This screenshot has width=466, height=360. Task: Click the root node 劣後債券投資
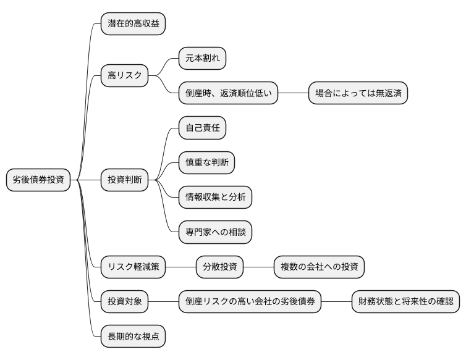[x=38, y=180]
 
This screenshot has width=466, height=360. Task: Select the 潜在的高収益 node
[x=133, y=24]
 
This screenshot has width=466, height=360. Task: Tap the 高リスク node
[x=124, y=77]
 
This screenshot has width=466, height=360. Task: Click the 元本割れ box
[x=202, y=59]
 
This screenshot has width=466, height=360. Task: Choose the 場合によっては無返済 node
[x=358, y=94]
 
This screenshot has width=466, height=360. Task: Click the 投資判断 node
[x=124, y=180]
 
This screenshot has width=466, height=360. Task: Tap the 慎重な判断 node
[x=206, y=162]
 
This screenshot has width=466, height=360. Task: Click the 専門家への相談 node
[x=215, y=232]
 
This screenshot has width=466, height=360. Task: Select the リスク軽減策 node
[x=133, y=267]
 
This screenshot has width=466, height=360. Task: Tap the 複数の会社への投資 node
[x=319, y=267]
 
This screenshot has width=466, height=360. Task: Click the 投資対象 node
[x=124, y=302]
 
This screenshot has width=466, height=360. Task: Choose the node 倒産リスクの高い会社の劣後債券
[x=250, y=302]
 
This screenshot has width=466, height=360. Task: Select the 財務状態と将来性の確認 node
[x=405, y=302]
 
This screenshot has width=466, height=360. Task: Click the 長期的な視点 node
[x=133, y=337]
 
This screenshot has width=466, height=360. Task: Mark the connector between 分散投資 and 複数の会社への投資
[x=258, y=267]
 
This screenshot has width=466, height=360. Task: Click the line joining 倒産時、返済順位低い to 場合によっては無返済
[x=293, y=94]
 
